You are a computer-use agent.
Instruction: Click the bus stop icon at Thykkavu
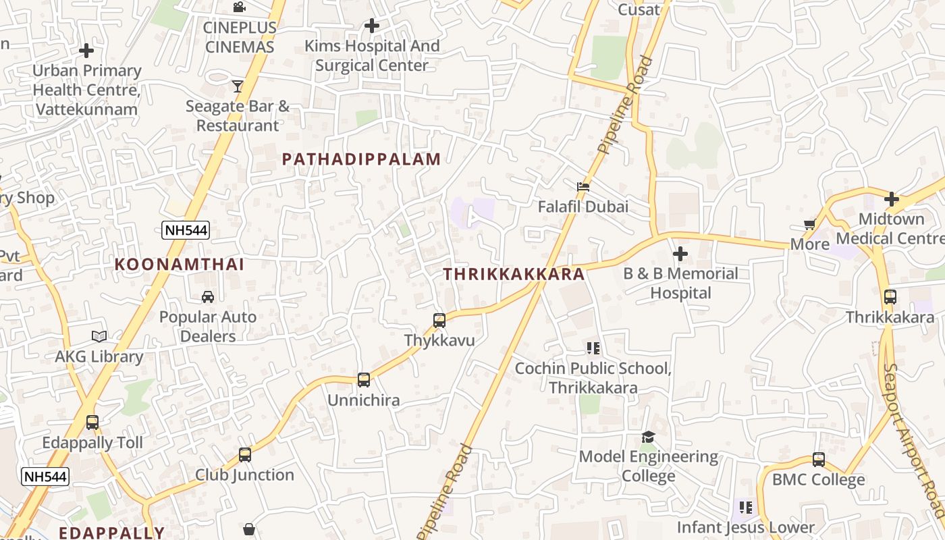pos(439,321)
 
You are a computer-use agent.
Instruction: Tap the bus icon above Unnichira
pos(364,380)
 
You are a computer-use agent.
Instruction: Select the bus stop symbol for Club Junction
pos(245,455)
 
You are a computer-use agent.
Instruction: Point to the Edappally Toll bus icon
pos(92,423)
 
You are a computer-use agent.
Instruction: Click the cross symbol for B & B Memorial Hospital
pos(680,254)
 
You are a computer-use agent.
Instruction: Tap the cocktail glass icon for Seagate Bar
pos(237,86)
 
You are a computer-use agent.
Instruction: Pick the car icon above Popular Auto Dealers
pos(208,297)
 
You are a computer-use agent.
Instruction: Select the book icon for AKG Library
pos(99,336)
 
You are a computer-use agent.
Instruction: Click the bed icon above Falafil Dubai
pos(583,186)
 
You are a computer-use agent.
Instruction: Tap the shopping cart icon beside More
pos(809,224)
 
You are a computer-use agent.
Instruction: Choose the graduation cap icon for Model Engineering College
pos(648,437)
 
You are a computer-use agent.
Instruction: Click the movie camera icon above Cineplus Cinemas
pos(239,7)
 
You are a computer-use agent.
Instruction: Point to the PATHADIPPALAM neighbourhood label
pos(361,159)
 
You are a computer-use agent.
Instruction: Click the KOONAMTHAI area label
pos(180,264)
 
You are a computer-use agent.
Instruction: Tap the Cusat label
pos(639,9)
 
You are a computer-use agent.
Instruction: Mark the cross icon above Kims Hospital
pos(371,26)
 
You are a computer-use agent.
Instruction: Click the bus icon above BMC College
pos(819,460)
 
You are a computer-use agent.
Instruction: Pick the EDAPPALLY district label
pos(111,533)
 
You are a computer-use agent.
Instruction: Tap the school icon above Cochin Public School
pos(593,348)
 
